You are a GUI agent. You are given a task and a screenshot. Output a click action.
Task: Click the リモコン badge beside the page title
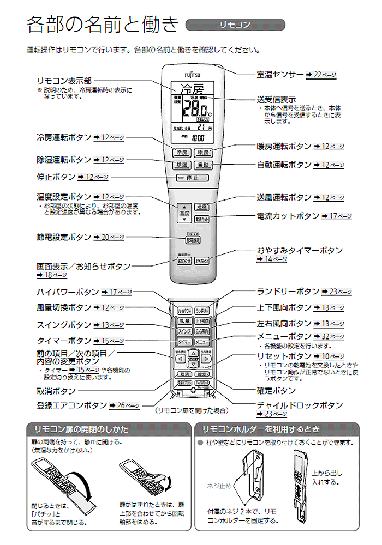[235, 25]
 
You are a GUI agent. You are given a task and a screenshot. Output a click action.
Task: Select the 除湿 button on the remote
[181, 165]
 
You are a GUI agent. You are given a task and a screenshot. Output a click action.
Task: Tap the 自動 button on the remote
[202, 165]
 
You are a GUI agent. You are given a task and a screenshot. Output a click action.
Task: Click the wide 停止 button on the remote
[192, 178]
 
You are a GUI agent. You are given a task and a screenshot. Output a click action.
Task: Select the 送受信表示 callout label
[276, 100]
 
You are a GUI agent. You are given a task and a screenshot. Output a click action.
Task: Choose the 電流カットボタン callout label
[288, 216]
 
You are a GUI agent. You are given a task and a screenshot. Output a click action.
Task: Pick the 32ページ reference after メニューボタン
[332, 337]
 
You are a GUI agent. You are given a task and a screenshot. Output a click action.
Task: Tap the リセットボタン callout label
[284, 356]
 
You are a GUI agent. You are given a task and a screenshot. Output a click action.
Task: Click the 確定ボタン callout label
[276, 391]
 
